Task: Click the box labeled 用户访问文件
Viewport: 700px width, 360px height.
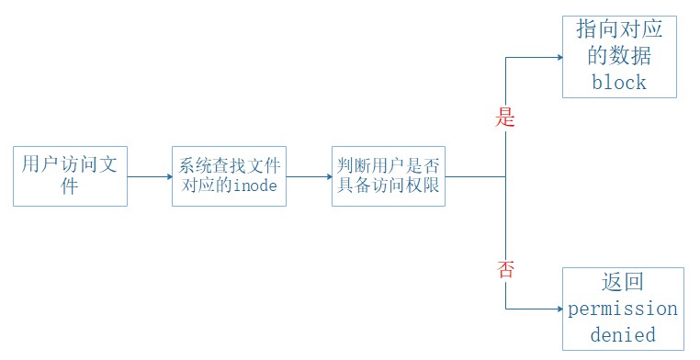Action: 70,174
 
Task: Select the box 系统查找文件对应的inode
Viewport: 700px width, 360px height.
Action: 229,174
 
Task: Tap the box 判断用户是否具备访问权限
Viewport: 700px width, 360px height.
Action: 388,174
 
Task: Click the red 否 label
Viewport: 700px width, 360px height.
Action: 505,269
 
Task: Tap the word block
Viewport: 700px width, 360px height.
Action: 619,82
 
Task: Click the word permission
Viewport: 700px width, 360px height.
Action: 623,308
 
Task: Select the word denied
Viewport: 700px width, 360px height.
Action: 623,334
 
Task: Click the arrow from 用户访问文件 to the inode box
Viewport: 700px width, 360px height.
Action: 149,175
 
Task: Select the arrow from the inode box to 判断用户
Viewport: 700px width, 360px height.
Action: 308,175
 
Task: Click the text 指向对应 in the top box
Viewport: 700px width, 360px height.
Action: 619,29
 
